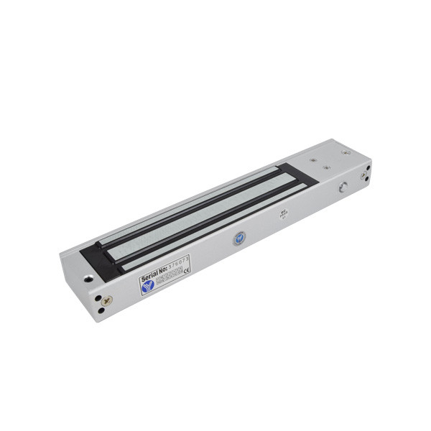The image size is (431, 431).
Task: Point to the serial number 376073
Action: (x=175, y=264)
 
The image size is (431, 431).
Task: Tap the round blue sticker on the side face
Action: (x=238, y=240)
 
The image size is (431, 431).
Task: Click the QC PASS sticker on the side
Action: (x=283, y=215)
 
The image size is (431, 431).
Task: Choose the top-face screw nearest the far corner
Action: (x=346, y=152)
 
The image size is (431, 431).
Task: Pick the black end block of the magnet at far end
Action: (x=295, y=173)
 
